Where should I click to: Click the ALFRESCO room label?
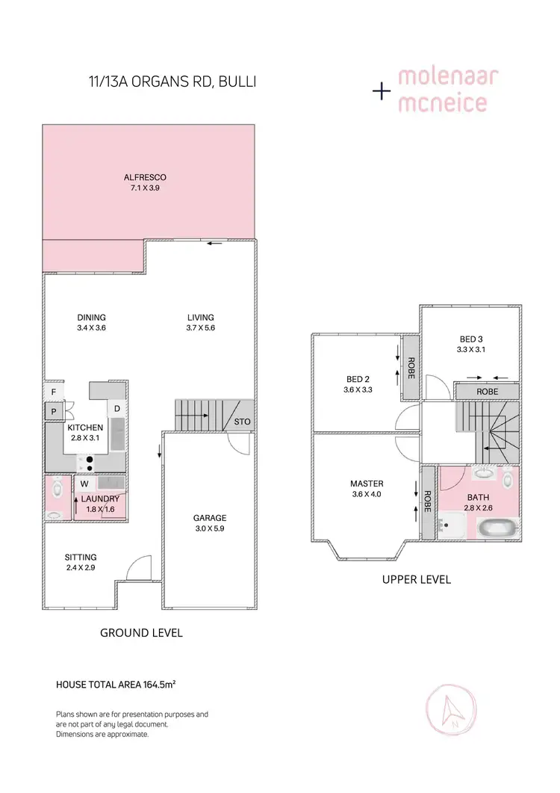[145, 177]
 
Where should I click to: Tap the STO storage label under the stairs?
[242, 422]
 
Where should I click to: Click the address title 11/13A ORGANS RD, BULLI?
[172, 81]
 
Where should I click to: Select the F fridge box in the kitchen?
[54, 392]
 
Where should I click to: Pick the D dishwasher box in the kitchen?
[117, 408]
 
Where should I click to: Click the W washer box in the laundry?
[84, 484]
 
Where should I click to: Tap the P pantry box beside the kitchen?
[54, 411]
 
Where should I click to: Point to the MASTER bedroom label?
[367, 484]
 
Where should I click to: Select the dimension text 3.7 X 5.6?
[201, 327]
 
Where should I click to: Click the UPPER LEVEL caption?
[417, 579]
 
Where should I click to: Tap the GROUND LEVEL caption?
[141, 632]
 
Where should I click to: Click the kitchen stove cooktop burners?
[90, 463]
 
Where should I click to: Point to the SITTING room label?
[81, 557]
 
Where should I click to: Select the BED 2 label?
[358, 379]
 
